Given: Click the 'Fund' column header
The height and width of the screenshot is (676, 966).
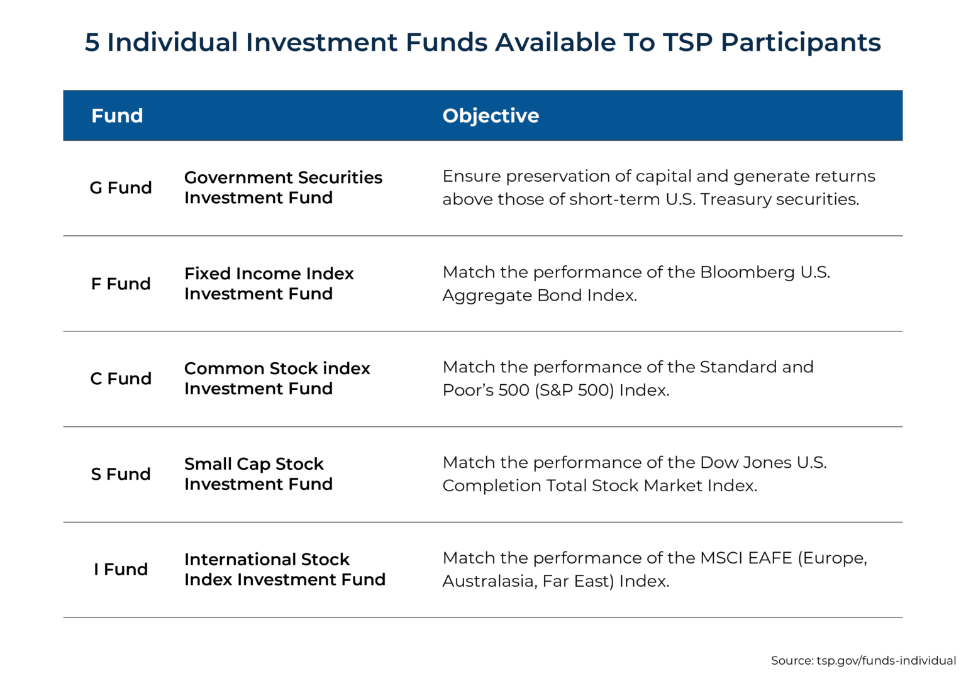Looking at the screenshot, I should pyautogui.click(x=117, y=116).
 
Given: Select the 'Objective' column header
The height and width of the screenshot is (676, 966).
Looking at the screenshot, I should pyautogui.click(x=491, y=116).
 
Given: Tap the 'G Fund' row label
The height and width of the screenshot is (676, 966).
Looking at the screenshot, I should pyautogui.click(x=121, y=187).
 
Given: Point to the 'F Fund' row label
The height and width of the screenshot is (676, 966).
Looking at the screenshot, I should pyautogui.click(x=121, y=284).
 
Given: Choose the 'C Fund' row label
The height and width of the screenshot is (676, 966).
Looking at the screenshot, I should pyautogui.click(x=121, y=379).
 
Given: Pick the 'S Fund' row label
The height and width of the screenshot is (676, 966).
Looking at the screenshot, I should pyautogui.click(x=121, y=474).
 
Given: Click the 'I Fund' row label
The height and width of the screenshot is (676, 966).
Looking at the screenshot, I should pyautogui.click(x=121, y=569).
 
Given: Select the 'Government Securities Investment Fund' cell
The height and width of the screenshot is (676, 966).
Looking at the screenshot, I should pyautogui.click(x=283, y=187).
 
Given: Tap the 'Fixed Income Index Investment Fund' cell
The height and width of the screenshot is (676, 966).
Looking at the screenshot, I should pyautogui.click(x=269, y=284).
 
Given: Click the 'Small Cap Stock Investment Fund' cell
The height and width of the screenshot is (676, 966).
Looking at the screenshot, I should pyautogui.click(x=258, y=474).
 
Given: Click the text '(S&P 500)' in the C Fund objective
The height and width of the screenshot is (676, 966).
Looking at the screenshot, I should pyautogui.click(x=574, y=391).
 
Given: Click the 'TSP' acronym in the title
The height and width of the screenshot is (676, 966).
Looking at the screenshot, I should pyautogui.click(x=687, y=42).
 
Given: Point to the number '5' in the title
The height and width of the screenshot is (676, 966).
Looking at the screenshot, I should pyautogui.click(x=92, y=43).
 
